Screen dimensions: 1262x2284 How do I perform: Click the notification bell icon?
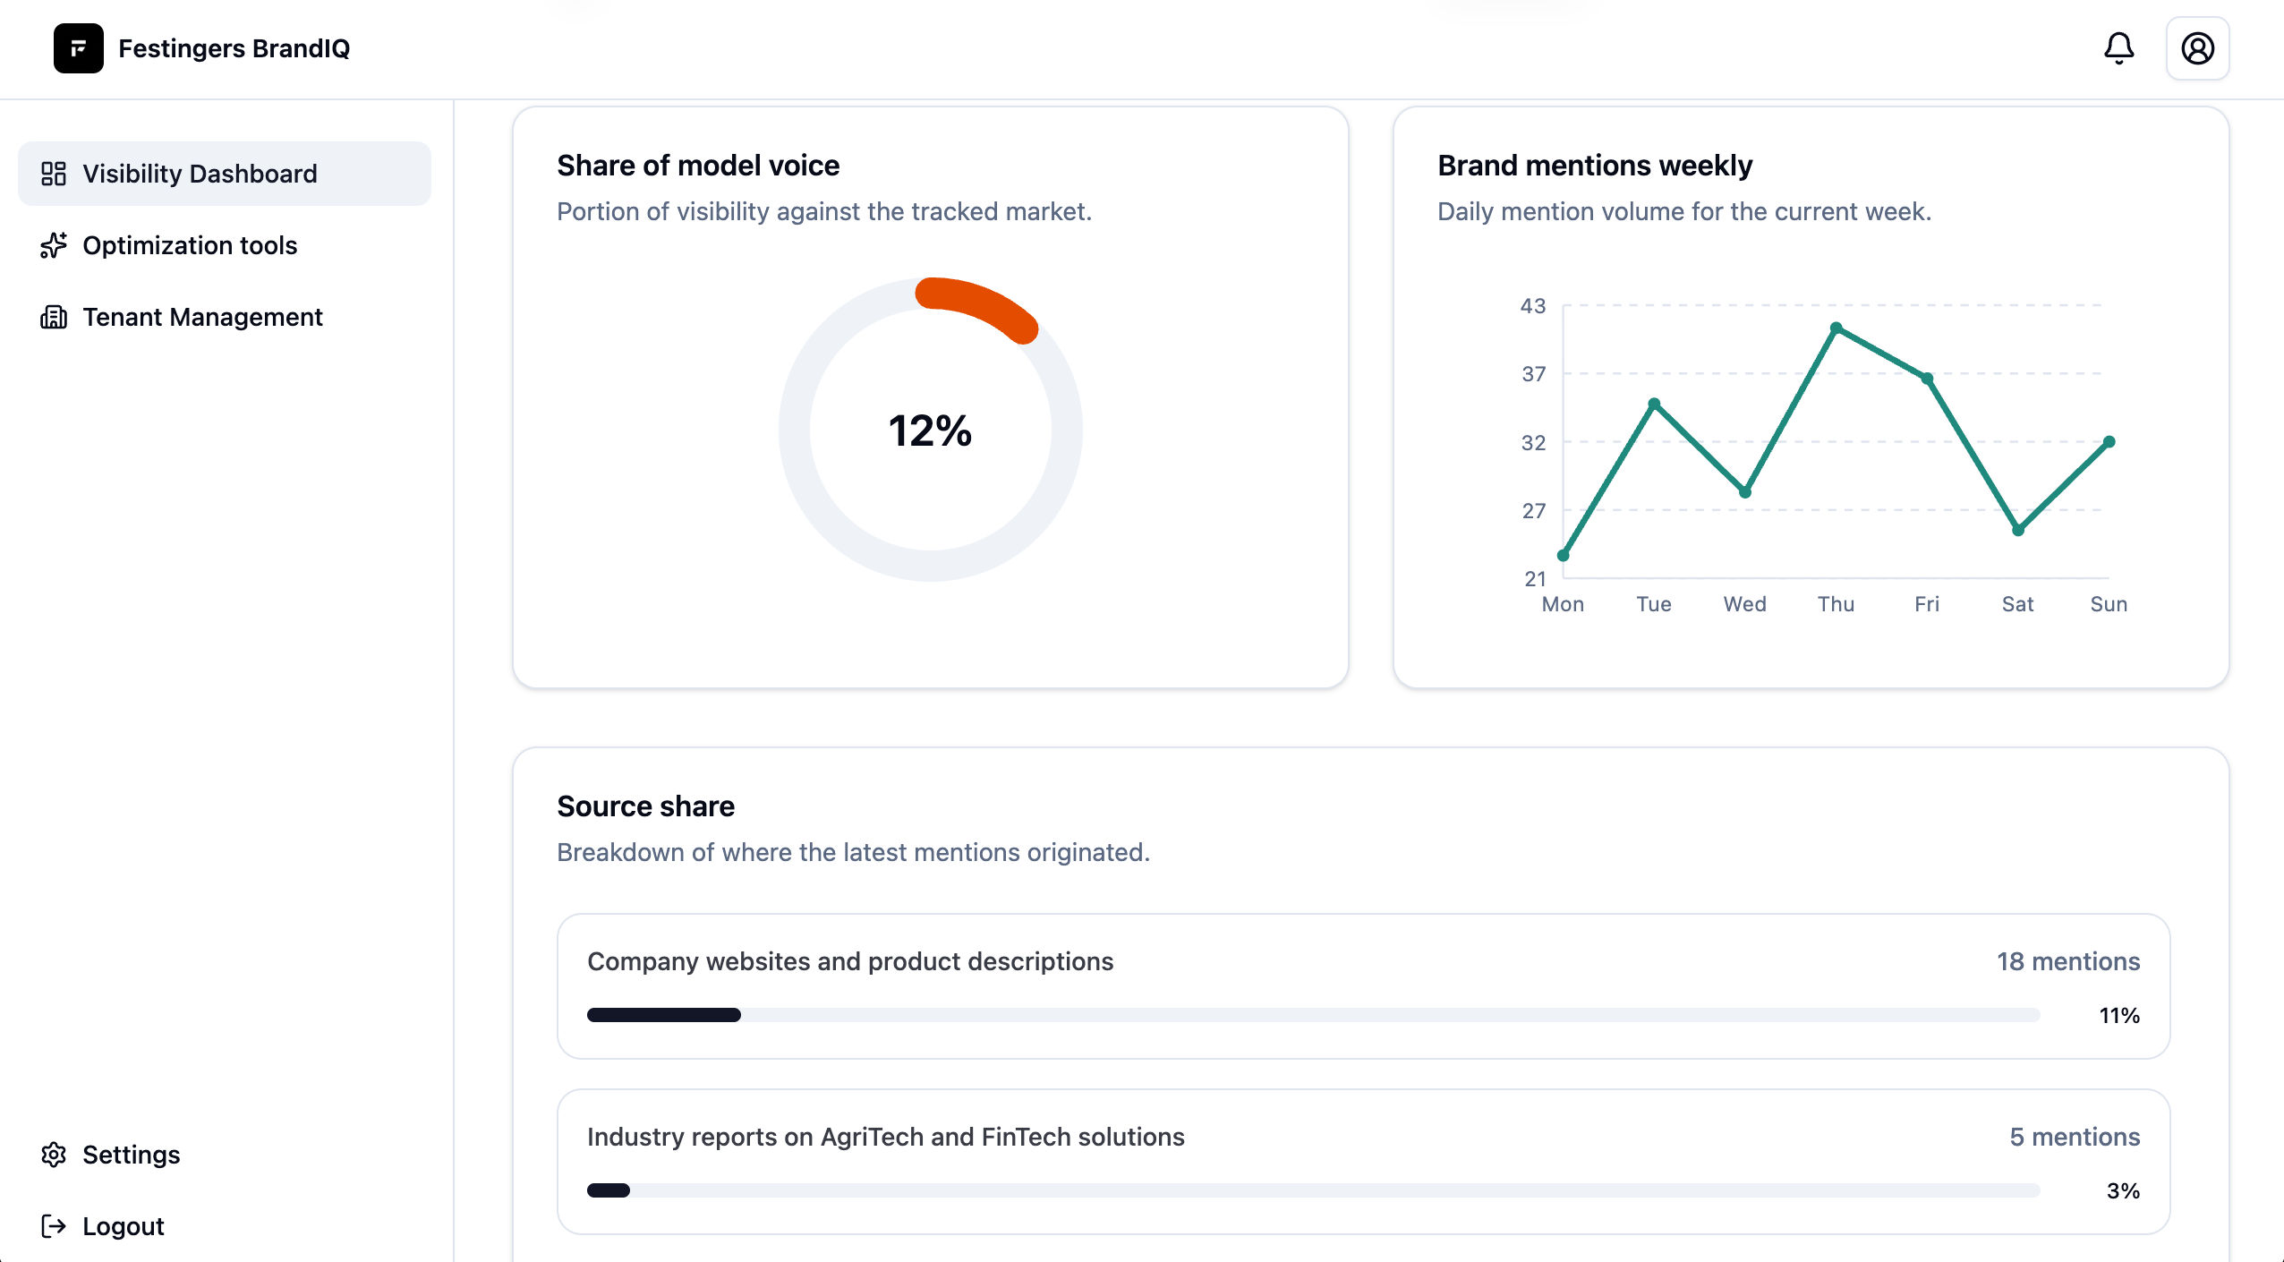coord(2118,48)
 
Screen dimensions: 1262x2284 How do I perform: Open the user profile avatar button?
coord(2197,48)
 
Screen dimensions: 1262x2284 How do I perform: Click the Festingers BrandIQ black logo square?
coord(79,48)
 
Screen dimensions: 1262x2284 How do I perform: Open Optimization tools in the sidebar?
coord(190,245)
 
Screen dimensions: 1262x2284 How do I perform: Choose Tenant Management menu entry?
coord(202,317)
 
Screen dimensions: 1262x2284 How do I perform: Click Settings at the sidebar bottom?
coord(131,1155)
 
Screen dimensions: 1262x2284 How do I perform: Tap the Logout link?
coord(123,1226)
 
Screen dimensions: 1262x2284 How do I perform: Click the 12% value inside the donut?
coord(930,431)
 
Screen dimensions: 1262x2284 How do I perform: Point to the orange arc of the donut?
coord(981,304)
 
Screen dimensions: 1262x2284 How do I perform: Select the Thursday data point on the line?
coord(1836,328)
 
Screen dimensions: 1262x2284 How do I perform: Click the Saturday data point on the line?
coord(2018,530)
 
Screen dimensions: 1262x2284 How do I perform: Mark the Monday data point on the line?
coord(1564,556)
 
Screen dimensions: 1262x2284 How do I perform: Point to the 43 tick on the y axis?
coord(1533,306)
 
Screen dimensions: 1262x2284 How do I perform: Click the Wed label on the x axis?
coord(1744,604)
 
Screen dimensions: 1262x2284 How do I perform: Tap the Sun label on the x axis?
coord(2109,604)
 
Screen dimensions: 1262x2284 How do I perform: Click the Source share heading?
coord(645,806)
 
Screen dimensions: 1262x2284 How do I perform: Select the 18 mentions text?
coord(2067,961)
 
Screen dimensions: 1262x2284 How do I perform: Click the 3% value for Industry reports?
coord(2122,1190)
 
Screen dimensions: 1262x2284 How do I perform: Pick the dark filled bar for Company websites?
coord(663,1015)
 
